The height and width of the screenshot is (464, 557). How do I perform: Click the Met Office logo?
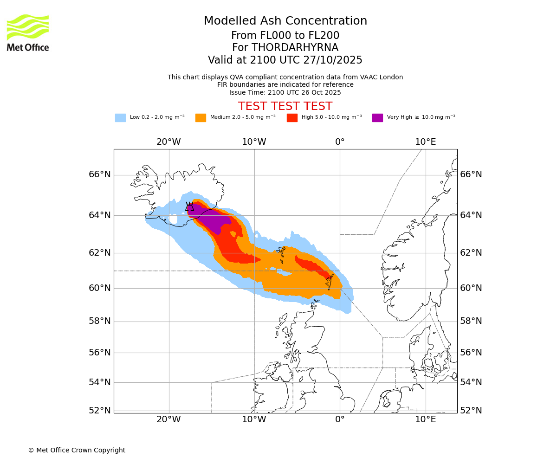[28, 32]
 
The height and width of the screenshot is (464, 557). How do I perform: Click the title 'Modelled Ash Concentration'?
[285, 21]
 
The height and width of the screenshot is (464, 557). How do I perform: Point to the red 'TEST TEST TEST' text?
[285, 106]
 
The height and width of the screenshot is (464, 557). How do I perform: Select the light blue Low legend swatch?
[120, 118]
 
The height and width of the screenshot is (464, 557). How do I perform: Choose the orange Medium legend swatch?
[201, 118]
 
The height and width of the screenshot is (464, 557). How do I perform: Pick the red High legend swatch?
[292, 118]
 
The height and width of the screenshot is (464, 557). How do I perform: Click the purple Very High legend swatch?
[377, 118]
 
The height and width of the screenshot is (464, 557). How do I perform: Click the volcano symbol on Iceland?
[189, 207]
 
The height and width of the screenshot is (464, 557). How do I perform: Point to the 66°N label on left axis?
[100, 174]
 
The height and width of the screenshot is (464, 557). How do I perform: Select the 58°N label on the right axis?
[471, 321]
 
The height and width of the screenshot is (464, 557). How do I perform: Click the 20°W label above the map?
[168, 142]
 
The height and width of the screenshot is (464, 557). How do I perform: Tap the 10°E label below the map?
[425, 419]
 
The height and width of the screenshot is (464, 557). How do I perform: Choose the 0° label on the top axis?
[340, 142]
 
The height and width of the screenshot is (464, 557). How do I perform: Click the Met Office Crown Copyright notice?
[77, 450]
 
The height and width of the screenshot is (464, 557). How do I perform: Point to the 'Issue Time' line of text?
[285, 92]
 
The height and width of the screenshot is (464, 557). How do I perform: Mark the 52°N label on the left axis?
[100, 411]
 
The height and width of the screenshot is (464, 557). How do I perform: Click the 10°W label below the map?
[254, 419]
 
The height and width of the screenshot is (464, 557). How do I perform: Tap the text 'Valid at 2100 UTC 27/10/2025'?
[285, 60]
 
